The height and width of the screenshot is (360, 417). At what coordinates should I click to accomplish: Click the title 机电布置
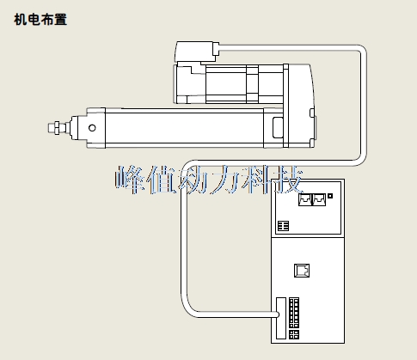point(40,20)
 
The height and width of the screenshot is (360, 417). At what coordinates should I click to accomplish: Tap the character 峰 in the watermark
point(131,180)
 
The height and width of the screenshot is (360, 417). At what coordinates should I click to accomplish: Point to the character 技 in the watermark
point(286,180)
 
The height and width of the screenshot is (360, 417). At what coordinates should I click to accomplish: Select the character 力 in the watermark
point(224,180)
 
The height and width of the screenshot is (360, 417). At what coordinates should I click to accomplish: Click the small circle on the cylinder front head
point(92,128)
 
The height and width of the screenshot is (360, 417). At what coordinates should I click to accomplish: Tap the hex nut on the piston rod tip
point(57,128)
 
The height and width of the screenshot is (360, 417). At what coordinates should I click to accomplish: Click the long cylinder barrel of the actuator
point(185,128)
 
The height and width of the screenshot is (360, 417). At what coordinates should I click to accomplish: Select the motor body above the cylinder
point(230,83)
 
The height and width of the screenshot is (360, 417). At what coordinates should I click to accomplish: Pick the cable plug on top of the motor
point(197,52)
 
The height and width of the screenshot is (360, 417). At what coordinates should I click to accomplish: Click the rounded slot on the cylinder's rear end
point(278,127)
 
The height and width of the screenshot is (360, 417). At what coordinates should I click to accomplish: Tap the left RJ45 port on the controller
point(304,199)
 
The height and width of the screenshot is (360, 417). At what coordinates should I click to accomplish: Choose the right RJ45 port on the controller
point(319,199)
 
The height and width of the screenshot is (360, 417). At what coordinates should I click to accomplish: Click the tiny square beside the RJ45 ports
point(330,196)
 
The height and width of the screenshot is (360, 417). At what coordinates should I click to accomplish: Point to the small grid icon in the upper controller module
point(284,226)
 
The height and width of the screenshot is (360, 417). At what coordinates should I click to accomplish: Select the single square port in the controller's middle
point(302,271)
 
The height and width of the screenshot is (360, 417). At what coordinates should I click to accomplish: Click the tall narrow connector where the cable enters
point(281,318)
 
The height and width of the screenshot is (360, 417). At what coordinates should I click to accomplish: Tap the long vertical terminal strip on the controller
point(294,313)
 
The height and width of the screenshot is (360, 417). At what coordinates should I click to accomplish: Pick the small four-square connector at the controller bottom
point(294,334)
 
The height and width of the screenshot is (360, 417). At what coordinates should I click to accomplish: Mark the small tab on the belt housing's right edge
point(312,113)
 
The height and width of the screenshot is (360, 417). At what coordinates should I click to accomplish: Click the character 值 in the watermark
point(162,180)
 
